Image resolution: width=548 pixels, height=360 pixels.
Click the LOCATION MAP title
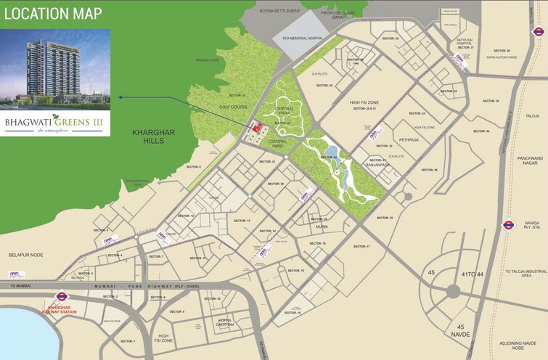pos(52,14)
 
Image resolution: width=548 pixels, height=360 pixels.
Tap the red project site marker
pos(256,128)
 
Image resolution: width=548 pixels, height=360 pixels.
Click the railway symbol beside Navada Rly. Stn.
pos(509,225)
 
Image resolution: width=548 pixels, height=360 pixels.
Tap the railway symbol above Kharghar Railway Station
pos(62,296)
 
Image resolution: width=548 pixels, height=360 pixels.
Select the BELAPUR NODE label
pos(26,255)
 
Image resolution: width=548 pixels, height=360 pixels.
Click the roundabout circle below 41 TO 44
pos(454,291)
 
